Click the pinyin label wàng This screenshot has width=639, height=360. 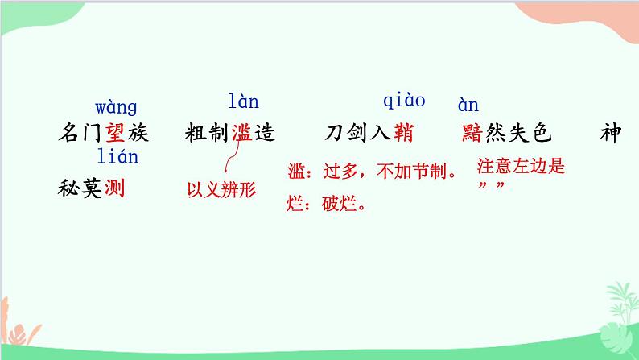(116, 107)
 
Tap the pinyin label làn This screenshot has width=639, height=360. (243, 101)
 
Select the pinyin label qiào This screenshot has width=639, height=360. (403, 101)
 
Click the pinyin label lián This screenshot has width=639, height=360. (117, 156)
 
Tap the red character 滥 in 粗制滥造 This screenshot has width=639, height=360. (242, 133)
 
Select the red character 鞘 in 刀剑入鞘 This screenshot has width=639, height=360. (403, 133)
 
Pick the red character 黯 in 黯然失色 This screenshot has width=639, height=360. (473, 133)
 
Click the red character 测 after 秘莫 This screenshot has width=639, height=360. (117, 189)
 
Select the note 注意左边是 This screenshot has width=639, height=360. (522, 168)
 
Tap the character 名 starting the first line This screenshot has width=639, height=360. (70, 133)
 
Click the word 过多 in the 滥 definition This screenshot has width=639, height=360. (335, 172)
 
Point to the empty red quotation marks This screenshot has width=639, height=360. (491, 188)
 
